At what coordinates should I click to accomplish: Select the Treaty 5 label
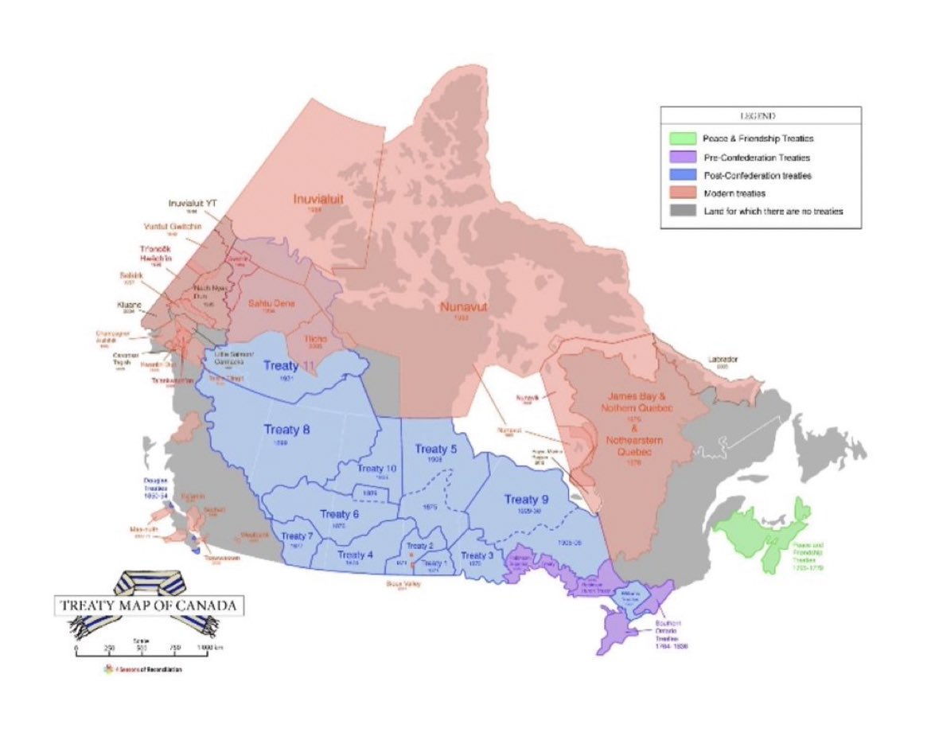pyautogui.click(x=436, y=450)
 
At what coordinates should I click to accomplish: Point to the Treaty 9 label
pyautogui.click(x=528, y=499)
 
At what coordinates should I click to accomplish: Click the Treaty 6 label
pyautogui.click(x=340, y=514)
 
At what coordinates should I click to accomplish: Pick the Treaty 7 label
pyautogui.click(x=297, y=536)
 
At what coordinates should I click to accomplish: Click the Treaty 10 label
pyautogui.click(x=376, y=469)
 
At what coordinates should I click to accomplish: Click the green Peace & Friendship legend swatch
pyautogui.click(x=683, y=138)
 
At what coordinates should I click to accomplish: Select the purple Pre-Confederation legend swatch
pyautogui.click(x=683, y=157)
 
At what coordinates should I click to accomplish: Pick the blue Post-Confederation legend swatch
pyautogui.click(x=683, y=174)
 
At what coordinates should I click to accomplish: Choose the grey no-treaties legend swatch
pyautogui.click(x=683, y=210)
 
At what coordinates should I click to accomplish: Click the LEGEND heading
pyautogui.click(x=760, y=116)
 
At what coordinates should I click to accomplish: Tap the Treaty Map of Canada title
pyautogui.click(x=148, y=605)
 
